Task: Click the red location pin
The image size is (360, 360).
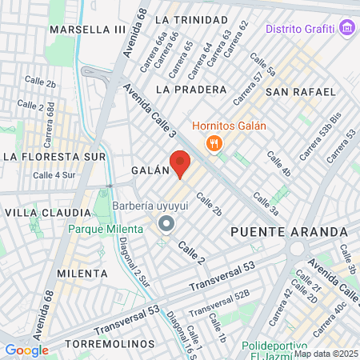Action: tap(180, 162)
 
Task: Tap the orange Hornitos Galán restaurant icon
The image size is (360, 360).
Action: tap(213, 143)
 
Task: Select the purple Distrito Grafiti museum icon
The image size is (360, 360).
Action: tap(346, 29)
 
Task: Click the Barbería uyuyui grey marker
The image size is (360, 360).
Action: tap(166, 223)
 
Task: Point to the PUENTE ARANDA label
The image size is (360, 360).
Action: tap(289, 231)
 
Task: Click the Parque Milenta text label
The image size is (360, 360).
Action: tap(104, 229)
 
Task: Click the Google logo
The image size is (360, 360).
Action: tap(26, 350)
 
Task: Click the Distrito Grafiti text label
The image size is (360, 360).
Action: tap(300, 29)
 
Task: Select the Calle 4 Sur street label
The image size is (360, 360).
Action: tap(54, 174)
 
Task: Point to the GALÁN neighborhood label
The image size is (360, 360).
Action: tap(150, 170)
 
